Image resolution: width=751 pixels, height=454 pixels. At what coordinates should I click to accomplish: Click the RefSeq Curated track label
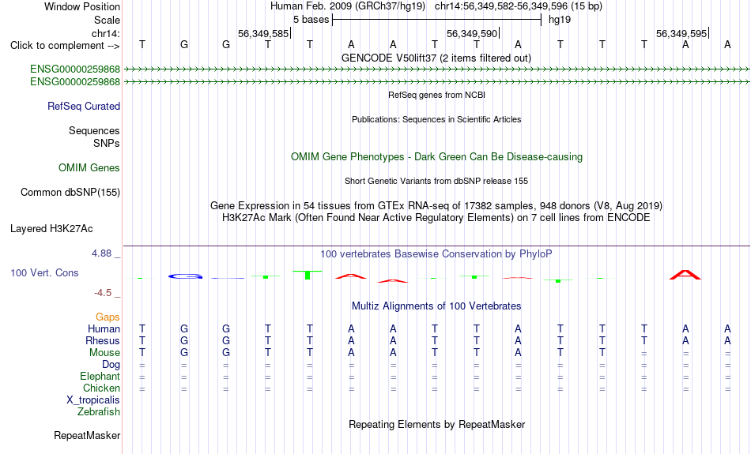point(84,107)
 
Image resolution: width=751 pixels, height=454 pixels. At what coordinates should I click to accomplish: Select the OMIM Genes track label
point(89,168)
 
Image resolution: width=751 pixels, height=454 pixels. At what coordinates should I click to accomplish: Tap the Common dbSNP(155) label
point(70,193)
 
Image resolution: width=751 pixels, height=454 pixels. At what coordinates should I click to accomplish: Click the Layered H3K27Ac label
point(51,229)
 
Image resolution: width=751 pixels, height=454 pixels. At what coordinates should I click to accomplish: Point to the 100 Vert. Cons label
point(44,272)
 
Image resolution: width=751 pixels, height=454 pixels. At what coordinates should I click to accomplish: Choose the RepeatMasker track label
point(87,435)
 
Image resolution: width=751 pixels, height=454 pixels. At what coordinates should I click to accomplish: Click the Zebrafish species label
point(99,412)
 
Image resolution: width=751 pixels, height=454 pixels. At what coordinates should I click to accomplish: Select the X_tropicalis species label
point(93,400)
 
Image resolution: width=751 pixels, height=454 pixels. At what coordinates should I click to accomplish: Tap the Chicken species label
point(101,388)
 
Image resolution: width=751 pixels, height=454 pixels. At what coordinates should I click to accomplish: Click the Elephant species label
point(100,377)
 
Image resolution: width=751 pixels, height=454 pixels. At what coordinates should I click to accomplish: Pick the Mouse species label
point(104,353)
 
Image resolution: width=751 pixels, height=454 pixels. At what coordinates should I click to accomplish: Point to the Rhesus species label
point(103,340)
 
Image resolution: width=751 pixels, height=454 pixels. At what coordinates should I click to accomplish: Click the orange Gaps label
point(108,317)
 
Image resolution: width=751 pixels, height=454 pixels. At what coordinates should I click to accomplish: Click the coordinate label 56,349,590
point(472,33)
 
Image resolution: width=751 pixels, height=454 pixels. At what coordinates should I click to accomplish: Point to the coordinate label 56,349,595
point(681,33)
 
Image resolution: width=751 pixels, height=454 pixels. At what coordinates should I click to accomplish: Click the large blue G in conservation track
point(185,276)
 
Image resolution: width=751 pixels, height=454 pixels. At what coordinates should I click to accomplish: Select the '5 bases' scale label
point(311,20)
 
